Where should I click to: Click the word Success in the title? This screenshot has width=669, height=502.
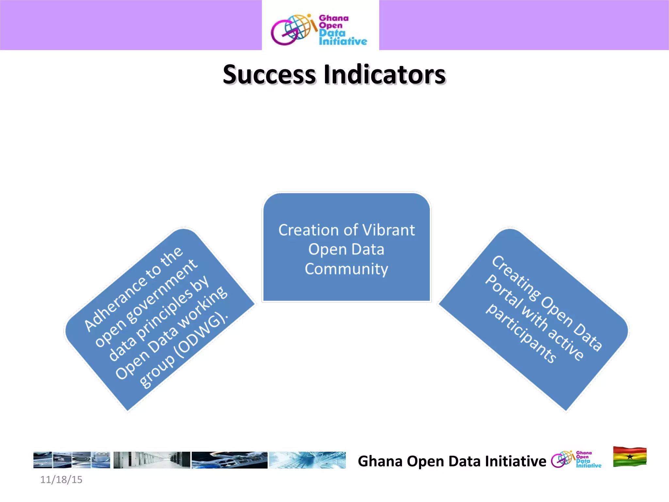pos(269,75)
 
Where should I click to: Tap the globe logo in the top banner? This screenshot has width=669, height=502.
pos(290,29)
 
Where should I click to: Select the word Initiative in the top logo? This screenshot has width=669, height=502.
pos(343,42)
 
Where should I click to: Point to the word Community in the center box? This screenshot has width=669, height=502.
pos(346,269)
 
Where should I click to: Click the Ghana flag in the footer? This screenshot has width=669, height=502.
pos(629,457)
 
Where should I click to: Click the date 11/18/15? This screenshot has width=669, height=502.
pos(61,479)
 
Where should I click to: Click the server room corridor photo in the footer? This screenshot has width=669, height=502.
pos(152,460)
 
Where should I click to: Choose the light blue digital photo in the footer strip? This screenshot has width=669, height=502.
pos(307,460)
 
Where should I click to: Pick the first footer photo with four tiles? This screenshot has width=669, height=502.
pos(72,460)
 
